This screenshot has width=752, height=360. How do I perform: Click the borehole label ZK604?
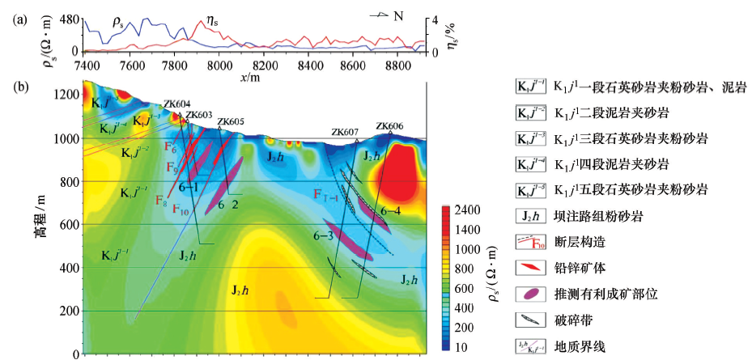click(x=177, y=104)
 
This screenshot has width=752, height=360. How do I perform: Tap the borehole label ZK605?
click(x=230, y=121)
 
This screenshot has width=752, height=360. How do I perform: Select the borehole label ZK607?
click(x=345, y=132)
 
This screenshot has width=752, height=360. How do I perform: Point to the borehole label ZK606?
click(x=389, y=126)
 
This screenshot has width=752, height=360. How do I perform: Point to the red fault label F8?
click(x=163, y=201)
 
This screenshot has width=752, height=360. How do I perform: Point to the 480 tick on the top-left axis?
click(x=69, y=19)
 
